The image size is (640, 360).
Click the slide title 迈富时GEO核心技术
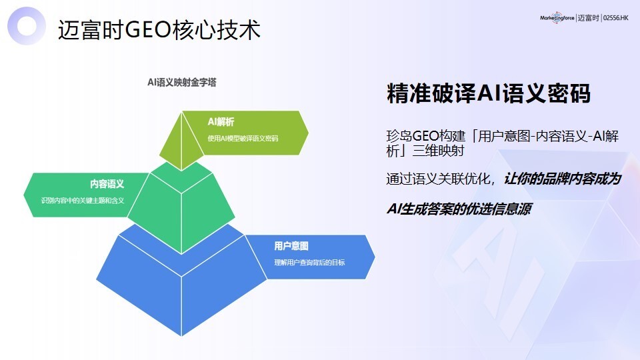pos(159,30)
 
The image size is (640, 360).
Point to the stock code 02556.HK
pos(615,19)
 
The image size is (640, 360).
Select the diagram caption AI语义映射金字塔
pos(181,83)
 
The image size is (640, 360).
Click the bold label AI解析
pos(221,121)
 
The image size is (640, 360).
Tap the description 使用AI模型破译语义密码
pos(243,139)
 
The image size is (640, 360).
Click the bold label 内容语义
pos(107,183)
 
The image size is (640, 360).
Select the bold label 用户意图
pos(291,245)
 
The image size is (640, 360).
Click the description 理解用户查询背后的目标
pos(309,263)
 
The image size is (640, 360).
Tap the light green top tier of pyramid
pos(181,143)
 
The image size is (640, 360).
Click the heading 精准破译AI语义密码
pos(489,93)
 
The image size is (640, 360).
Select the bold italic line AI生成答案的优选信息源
pos(459,208)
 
